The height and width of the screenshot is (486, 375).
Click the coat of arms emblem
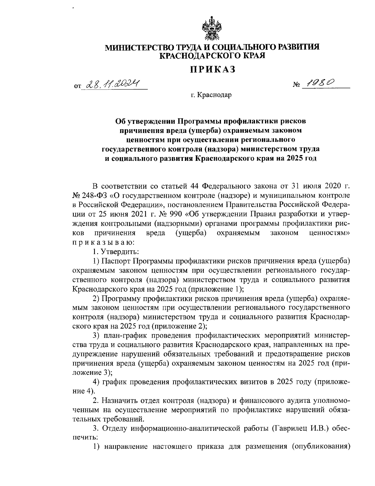[x=212, y=30]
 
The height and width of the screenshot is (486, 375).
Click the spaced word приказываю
[x=103, y=242]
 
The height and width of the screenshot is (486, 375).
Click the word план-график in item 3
[x=127, y=335]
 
